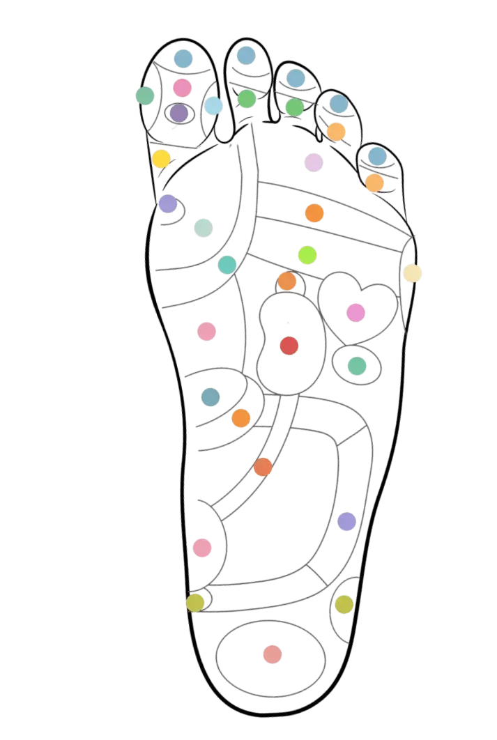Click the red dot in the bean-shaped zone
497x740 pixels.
(289, 346)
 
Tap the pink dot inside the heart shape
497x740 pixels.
(355, 312)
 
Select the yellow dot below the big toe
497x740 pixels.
(161, 159)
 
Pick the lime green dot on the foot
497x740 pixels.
(307, 255)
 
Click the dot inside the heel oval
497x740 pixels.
(273, 654)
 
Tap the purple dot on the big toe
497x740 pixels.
(179, 113)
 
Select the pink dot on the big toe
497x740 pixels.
(182, 88)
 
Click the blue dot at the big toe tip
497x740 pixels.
(183, 59)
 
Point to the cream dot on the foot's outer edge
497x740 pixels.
(413, 272)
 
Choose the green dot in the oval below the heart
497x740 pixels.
(357, 365)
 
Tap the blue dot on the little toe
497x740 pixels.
(377, 156)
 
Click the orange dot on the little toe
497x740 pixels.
(375, 183)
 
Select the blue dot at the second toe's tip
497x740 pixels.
(245, 54)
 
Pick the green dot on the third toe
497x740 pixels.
(295, 107)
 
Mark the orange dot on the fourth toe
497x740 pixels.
(336, 131)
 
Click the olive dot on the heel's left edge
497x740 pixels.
(196, 602)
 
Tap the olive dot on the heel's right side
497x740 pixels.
(344, 604)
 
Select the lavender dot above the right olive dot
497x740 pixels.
(346, 521)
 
